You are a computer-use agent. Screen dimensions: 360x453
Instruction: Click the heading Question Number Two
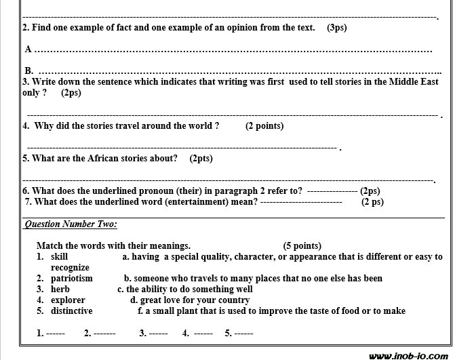71,224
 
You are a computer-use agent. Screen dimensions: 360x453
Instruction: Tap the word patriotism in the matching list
71,278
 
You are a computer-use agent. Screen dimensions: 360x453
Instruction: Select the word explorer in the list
68,300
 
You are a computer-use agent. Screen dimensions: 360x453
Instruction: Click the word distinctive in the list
71,311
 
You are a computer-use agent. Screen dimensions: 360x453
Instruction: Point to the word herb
60,289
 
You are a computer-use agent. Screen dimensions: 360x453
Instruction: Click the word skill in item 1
60,257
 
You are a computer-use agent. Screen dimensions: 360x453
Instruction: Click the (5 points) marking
302,245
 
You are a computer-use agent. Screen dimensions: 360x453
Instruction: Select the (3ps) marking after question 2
337,28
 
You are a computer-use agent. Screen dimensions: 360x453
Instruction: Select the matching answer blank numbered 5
243,333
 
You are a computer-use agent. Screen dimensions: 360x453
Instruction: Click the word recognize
70,268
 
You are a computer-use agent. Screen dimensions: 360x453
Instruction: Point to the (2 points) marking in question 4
264,125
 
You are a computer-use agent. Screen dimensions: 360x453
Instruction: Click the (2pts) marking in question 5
201,158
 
